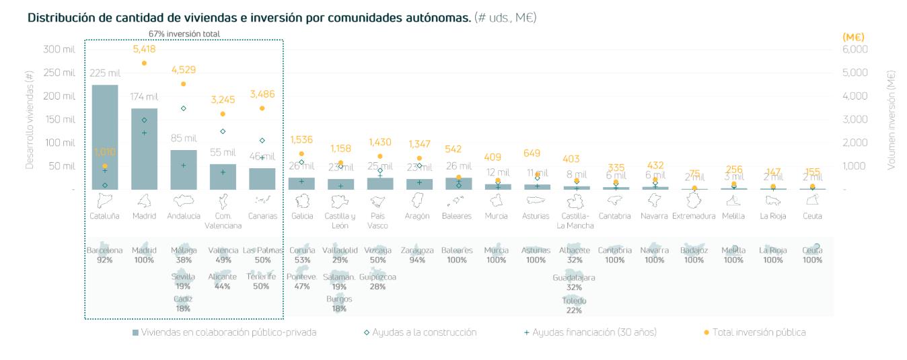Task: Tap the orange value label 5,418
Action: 144,49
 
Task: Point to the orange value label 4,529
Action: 183,69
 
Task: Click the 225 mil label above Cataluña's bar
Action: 104,73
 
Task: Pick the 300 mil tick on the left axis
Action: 60,49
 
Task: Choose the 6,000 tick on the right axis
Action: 855,49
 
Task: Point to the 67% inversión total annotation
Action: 184,34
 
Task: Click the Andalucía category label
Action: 183,216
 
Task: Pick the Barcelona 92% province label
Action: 104,254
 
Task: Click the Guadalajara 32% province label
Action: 573,282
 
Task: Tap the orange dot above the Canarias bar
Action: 262,108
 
